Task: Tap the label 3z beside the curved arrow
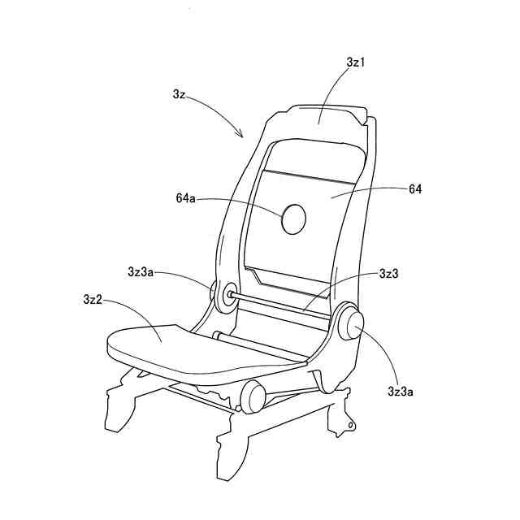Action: click(180, 95)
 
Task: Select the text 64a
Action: click(187, 197)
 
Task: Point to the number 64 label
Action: click(415, 188)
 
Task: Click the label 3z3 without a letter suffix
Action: click(389, 274)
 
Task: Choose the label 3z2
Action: click(92, 300)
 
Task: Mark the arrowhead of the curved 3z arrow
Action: click(241, 135)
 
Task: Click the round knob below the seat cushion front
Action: click(253, 396)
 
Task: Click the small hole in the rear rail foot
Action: click(350, 424)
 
